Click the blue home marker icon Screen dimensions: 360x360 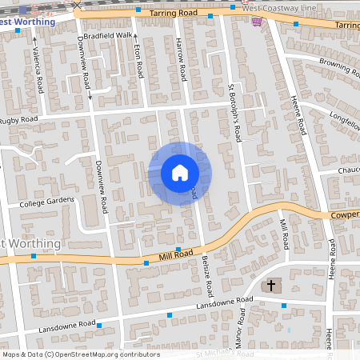click(x=179, y=172)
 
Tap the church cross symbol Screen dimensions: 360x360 click(x=270, y=285)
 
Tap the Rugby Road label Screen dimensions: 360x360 click(x=19, y=120)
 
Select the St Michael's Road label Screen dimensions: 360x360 click(x=225, y=354)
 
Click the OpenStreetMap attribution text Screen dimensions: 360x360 click(x=80, y=354)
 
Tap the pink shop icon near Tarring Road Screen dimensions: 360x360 click(x=256, y=22)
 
